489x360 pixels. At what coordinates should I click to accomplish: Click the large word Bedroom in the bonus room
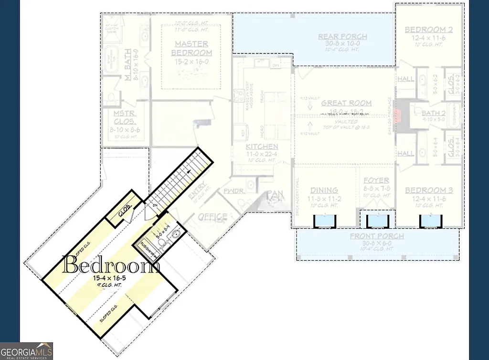[111, 265]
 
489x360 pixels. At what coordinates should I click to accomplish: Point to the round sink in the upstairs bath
[175, 234]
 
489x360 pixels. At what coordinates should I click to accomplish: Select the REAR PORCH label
[343, 36]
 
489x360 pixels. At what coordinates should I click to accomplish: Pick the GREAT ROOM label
[346, 103]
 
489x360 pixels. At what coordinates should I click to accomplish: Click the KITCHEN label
[262, 146]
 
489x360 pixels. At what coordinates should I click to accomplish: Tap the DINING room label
[324, 190]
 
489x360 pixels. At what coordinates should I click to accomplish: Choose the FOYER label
[376, 180]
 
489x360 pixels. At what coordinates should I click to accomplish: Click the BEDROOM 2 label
[428, 30]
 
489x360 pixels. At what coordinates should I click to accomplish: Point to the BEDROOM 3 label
[428, 191]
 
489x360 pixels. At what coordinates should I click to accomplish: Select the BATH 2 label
[433, 113]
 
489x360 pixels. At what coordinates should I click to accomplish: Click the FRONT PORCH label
[376, 236]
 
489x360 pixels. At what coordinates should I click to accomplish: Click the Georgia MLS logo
[26, 350]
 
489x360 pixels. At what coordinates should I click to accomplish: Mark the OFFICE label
[213, 217]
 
